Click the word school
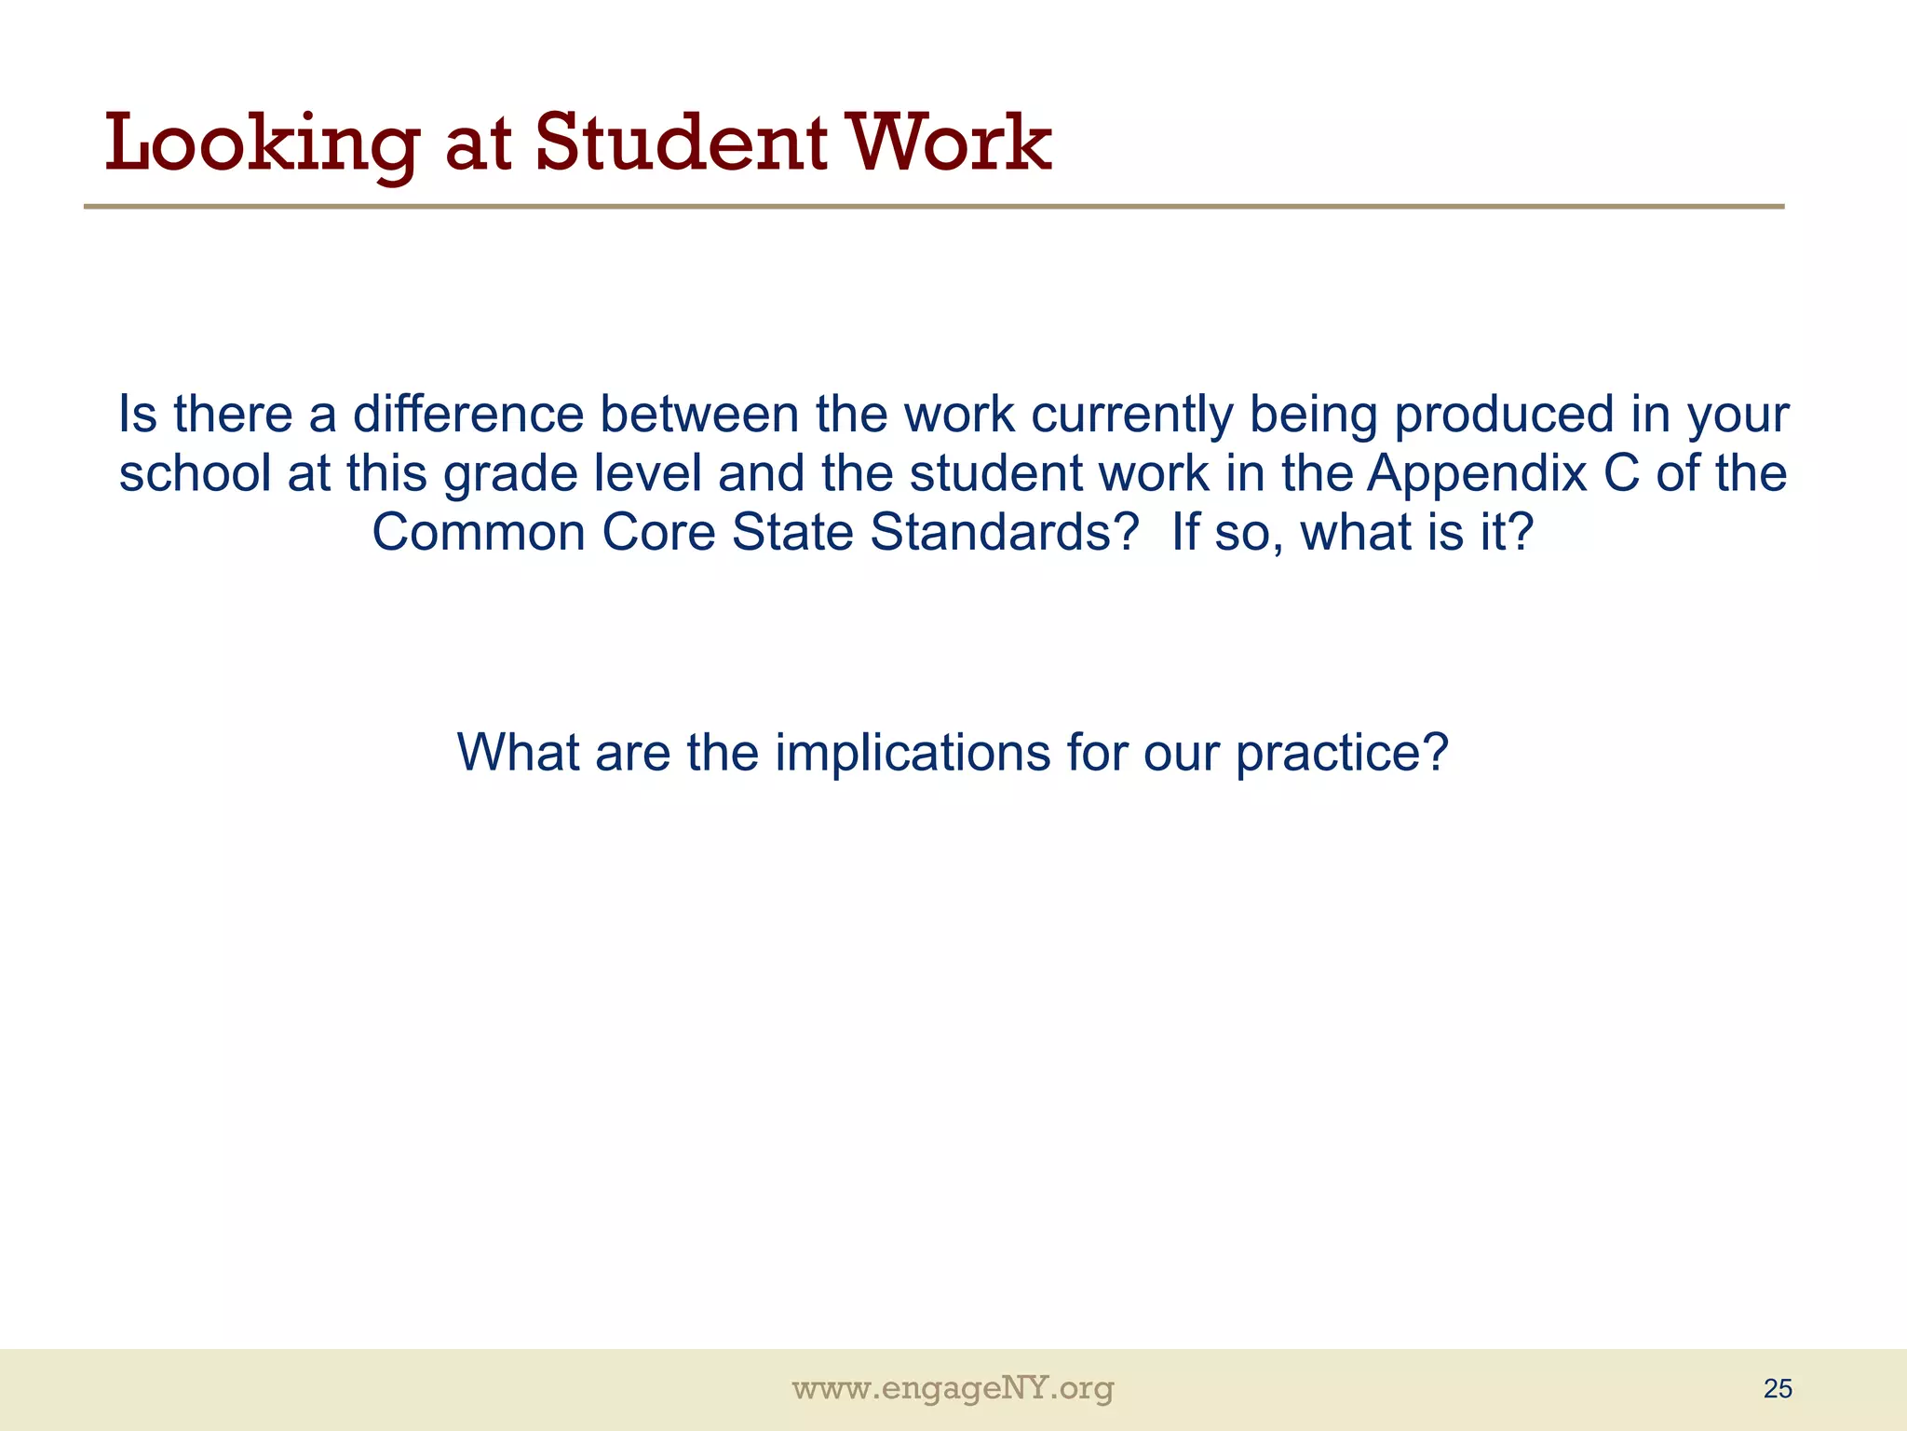click(195, 473)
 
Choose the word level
click(648, 473)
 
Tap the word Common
click(478, 533)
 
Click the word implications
click(913, 753)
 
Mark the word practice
click(1342, 755)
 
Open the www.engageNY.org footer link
click(953, 1389)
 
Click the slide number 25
click(1778, 1389)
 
